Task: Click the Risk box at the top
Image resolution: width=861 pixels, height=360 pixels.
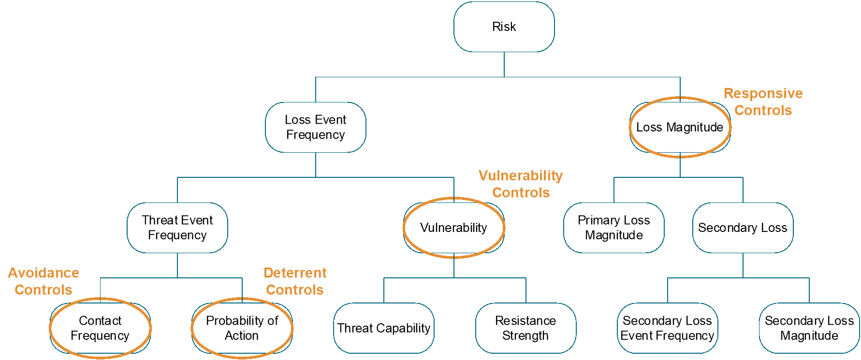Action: tap(504, 27)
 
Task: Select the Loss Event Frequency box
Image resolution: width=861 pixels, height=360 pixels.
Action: tap(315, 127)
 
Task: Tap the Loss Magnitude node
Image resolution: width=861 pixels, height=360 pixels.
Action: tap(680, 127)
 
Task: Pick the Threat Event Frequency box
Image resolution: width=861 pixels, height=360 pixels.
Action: tap(177, 228)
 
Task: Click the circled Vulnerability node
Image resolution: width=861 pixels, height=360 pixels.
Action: tap(453, 228)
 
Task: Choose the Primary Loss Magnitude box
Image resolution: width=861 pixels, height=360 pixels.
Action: tap(613, 228)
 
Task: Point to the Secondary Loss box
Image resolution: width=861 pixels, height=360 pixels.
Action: tap(743, 228)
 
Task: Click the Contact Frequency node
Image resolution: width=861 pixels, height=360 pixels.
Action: tap(100, 328)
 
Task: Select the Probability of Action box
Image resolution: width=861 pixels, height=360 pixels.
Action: tap(242, 328)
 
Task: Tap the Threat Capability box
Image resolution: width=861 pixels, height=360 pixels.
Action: tap(384, 328)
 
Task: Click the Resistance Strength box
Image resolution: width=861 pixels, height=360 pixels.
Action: tap(525, 328)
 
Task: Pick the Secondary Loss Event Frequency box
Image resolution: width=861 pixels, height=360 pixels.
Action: tap(667, 328)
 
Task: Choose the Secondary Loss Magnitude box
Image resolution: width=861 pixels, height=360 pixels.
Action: tap(809, 328)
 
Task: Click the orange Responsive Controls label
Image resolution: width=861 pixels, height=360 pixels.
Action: tap(763, 102)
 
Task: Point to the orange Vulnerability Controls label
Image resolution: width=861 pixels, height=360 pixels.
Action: tap(521, 184)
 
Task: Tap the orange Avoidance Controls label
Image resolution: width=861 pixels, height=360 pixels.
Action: tap(44, 281)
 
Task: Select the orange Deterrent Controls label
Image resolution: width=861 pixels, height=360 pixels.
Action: tap(295, 281)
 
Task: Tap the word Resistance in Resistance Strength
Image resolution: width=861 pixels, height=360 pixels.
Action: tap(525, 321)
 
